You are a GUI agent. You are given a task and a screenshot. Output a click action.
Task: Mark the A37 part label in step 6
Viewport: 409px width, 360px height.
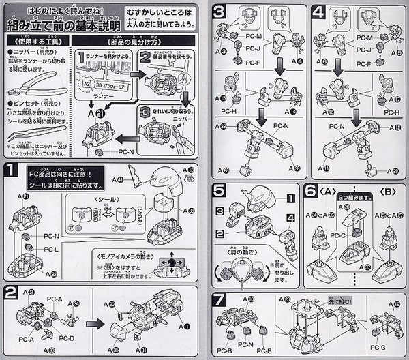367,249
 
